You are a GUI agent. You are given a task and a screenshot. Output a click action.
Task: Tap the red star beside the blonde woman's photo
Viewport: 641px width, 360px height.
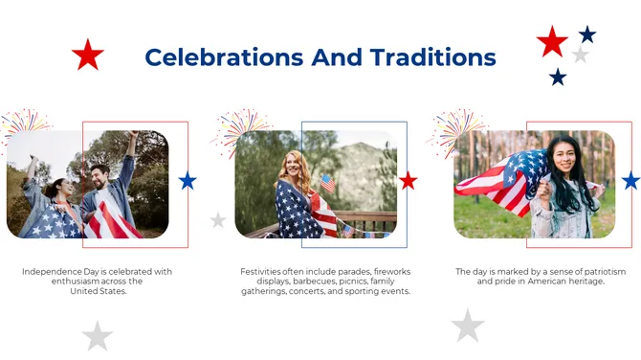click(409, 181)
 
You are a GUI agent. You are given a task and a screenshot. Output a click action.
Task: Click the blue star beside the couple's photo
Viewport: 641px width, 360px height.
click(188, 180)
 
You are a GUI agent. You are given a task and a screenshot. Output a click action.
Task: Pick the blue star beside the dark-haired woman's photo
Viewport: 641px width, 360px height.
click(630, 181)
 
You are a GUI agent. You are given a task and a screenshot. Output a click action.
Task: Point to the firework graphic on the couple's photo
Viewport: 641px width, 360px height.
click(23, 124)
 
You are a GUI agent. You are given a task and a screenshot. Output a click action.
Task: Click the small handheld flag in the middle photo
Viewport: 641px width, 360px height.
click(327, 182)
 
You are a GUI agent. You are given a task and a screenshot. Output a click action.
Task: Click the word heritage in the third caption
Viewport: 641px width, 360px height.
click(585, 281)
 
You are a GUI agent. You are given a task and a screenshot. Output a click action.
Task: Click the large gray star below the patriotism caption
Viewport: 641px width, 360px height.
click(468, 326)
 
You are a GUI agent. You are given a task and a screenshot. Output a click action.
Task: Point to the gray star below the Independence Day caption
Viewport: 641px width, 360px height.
click(97, 335)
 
